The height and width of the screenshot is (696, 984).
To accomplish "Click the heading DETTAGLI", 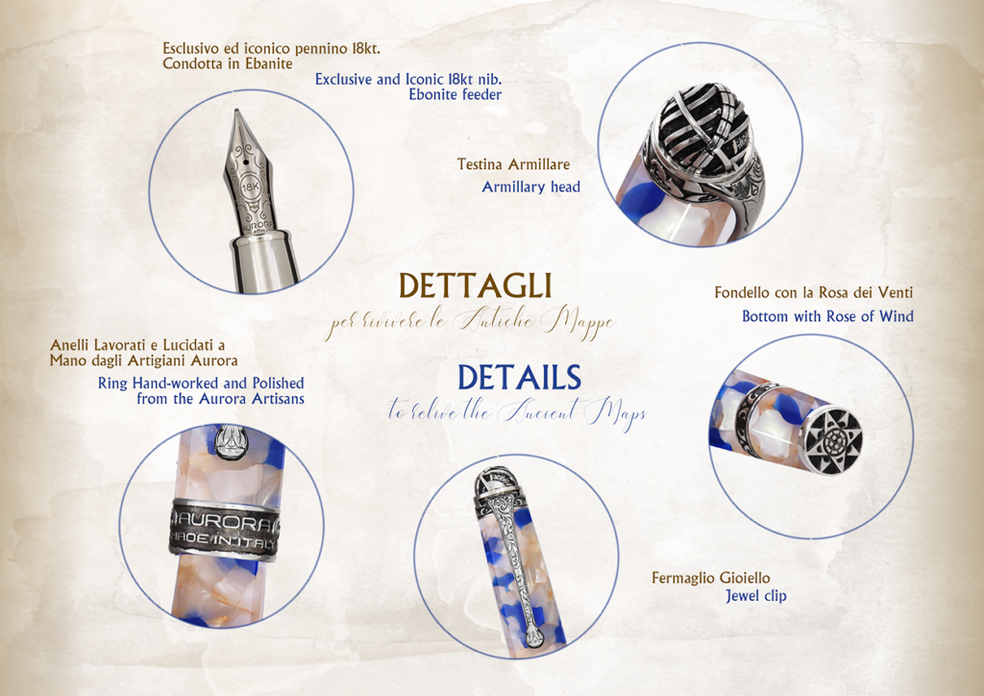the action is coord(475,286).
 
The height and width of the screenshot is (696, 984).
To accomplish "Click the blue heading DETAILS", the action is coord(519,378).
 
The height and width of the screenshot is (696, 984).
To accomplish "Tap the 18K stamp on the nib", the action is coord(251,186).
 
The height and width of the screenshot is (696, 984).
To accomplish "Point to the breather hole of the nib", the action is coord(245,160).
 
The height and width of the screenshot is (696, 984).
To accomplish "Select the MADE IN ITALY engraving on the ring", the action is coord(223,541).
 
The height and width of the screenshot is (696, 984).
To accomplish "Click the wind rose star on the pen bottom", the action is coord(833,436).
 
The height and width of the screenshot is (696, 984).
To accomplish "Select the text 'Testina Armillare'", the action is coord(513,164).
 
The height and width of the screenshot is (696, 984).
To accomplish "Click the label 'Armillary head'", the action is coord(530,187).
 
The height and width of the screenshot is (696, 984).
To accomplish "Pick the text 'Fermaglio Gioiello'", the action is coord(710,578).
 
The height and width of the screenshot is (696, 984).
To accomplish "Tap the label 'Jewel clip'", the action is coord(756,596).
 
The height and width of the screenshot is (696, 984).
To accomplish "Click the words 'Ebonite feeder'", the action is coord(455,95).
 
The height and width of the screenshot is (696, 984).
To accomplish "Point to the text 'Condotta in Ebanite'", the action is coord(227,63).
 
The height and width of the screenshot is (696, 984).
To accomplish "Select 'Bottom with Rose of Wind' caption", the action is coord(827,316).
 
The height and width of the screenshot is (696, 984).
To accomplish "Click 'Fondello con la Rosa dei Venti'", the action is coord(813,292).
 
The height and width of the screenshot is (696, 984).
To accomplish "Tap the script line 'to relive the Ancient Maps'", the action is coord(517,412).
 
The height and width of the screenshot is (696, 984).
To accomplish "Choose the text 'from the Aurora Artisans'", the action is coord(220,399).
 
